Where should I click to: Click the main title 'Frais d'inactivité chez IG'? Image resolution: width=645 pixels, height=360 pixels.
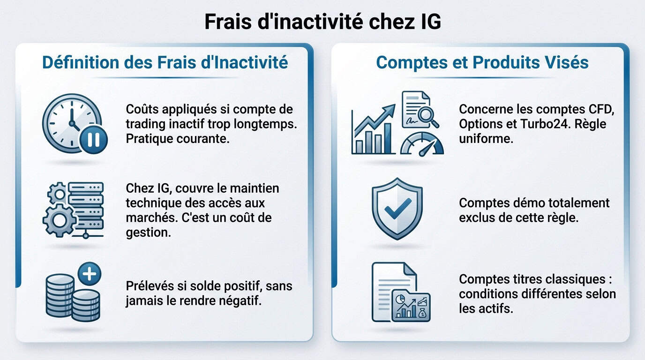click(x=322, y=22)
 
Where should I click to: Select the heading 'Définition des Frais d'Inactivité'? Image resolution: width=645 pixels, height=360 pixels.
click(x=165, y=62)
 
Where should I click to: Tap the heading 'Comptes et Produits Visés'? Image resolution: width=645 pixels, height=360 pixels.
click(x=482, y=62)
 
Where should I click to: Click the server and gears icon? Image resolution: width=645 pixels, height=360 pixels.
click(x=74, y=210)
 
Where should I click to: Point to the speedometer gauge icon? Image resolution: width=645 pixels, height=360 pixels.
click(x=422, y=144)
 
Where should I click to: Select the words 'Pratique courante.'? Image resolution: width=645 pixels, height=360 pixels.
click(x=178, y=139)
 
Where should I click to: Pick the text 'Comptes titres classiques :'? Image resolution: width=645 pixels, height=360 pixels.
click(x=536, y=279)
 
